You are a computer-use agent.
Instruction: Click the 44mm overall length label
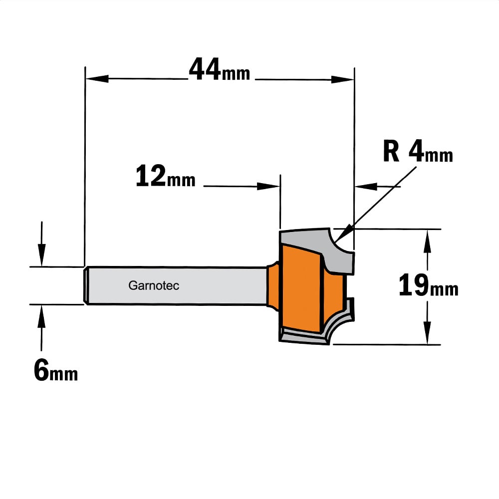tap(219, 69)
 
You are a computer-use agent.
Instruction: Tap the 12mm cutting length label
tap(165, 176)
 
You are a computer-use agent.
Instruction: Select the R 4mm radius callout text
tap(418, 152)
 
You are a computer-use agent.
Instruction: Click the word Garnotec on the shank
tap(154, 285)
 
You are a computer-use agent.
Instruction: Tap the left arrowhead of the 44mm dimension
tap(97, 79)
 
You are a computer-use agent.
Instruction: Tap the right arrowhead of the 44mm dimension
tap(342, 79)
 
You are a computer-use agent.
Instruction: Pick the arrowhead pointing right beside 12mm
tap(268, 186)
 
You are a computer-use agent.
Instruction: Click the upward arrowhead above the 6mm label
tap(41, 316)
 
